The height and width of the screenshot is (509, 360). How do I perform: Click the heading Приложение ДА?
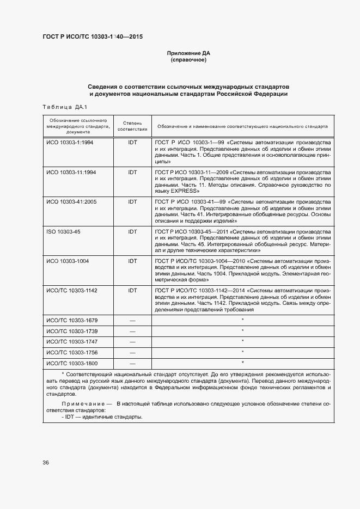[188, 53]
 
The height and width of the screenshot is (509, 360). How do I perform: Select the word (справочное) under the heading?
[188, 60]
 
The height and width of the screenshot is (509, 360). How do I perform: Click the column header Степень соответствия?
[132, 126]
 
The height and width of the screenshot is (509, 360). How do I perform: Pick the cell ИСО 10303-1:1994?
[70, 142]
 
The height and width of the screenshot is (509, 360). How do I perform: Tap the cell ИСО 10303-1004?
[68, 261]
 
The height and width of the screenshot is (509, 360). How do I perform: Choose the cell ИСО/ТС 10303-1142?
[72, 291]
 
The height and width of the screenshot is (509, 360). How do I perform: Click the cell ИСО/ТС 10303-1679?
[72, 320]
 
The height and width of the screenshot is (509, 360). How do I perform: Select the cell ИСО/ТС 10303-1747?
[72, 341]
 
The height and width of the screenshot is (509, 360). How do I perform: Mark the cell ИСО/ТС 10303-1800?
[72, 363]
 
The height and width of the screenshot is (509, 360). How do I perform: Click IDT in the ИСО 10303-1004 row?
[132, 261]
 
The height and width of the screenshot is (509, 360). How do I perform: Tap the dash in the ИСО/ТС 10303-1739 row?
[132, 331]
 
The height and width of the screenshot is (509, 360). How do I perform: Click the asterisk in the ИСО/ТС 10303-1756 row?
[242, 352]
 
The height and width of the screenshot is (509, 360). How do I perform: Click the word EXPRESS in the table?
[185, 192]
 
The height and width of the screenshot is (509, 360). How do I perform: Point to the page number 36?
[46, 463]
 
